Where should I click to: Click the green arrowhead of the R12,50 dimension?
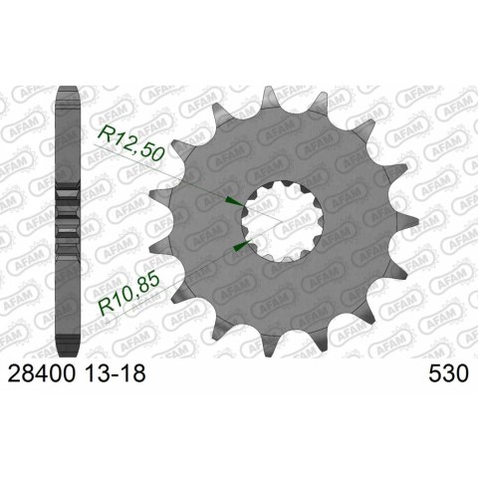235,201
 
